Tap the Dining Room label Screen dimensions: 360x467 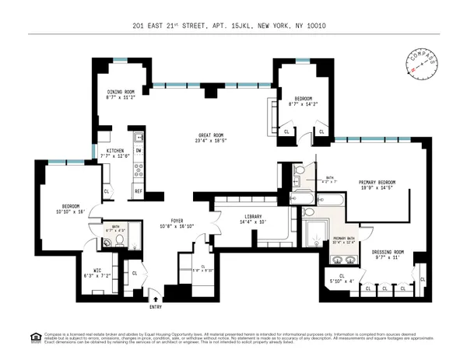(121, 92)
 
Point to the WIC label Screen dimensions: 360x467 (100, 269)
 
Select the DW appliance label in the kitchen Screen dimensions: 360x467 (139, 151)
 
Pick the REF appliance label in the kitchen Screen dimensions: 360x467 (139, 190)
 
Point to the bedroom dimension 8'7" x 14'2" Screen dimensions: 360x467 (303, 103)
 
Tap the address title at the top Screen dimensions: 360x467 (233, 25)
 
